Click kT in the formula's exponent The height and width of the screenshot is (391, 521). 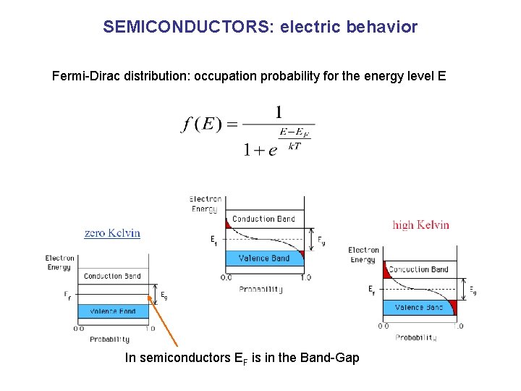[295, 146]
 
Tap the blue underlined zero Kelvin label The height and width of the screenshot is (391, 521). [112, 233]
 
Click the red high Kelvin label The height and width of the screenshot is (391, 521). [420, 224]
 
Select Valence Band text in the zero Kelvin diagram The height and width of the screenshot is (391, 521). [112, 311]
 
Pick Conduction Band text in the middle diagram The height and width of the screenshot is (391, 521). [263, 219]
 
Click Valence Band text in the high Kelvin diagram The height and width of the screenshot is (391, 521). [419, 308]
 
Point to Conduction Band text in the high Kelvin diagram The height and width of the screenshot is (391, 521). [418, 270]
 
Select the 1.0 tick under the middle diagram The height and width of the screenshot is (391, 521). [305, 277]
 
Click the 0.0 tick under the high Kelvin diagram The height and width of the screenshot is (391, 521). [383, 326]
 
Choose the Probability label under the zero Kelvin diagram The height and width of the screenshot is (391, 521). [110, 339]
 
